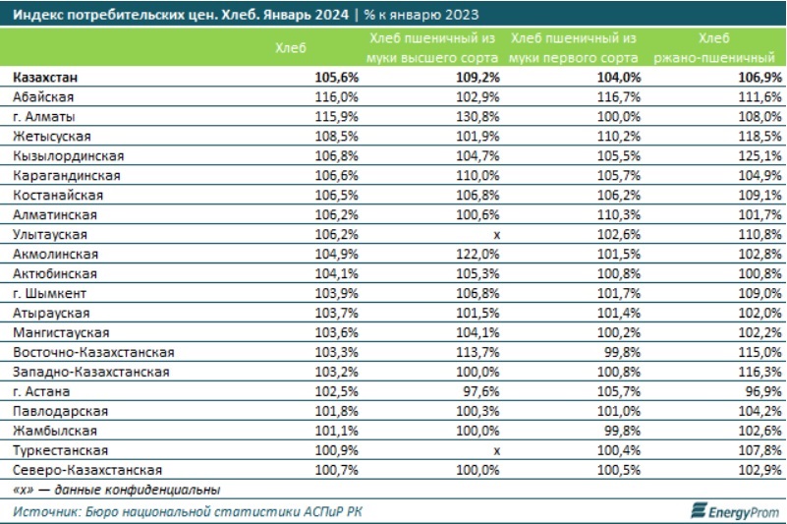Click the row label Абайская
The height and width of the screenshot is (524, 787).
pyautogui.click(x=44, y=97)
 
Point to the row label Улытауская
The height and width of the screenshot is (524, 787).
pyautogui.click(x=51, y=235)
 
